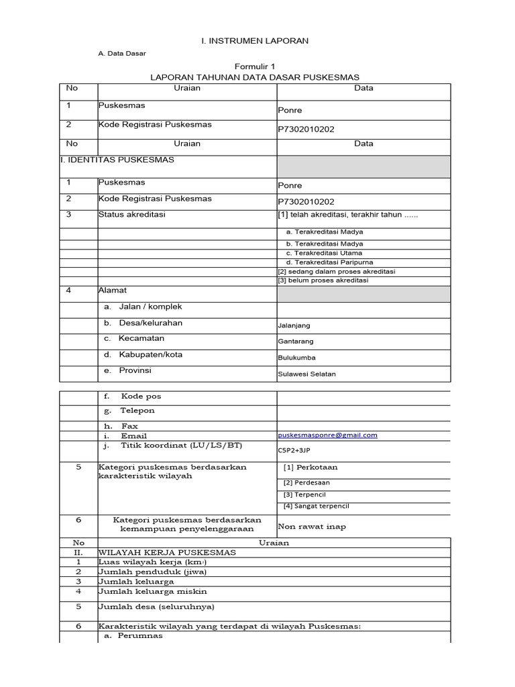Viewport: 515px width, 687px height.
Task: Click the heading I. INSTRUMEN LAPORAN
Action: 255,41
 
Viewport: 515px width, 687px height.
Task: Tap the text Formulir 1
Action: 254,66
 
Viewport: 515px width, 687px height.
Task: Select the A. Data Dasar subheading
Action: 122,54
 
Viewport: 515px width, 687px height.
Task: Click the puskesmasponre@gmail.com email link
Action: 327,435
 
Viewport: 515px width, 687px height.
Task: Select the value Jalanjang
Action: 294,325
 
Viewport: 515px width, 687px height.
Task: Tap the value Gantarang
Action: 295,341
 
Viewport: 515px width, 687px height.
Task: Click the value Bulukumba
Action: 296,358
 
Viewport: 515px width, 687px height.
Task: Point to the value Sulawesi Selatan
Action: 307,374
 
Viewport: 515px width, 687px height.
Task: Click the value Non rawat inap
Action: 312,527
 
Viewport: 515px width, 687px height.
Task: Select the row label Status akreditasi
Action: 132,214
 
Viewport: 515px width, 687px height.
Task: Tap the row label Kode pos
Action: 140,396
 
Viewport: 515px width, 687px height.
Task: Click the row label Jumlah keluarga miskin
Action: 152,591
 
